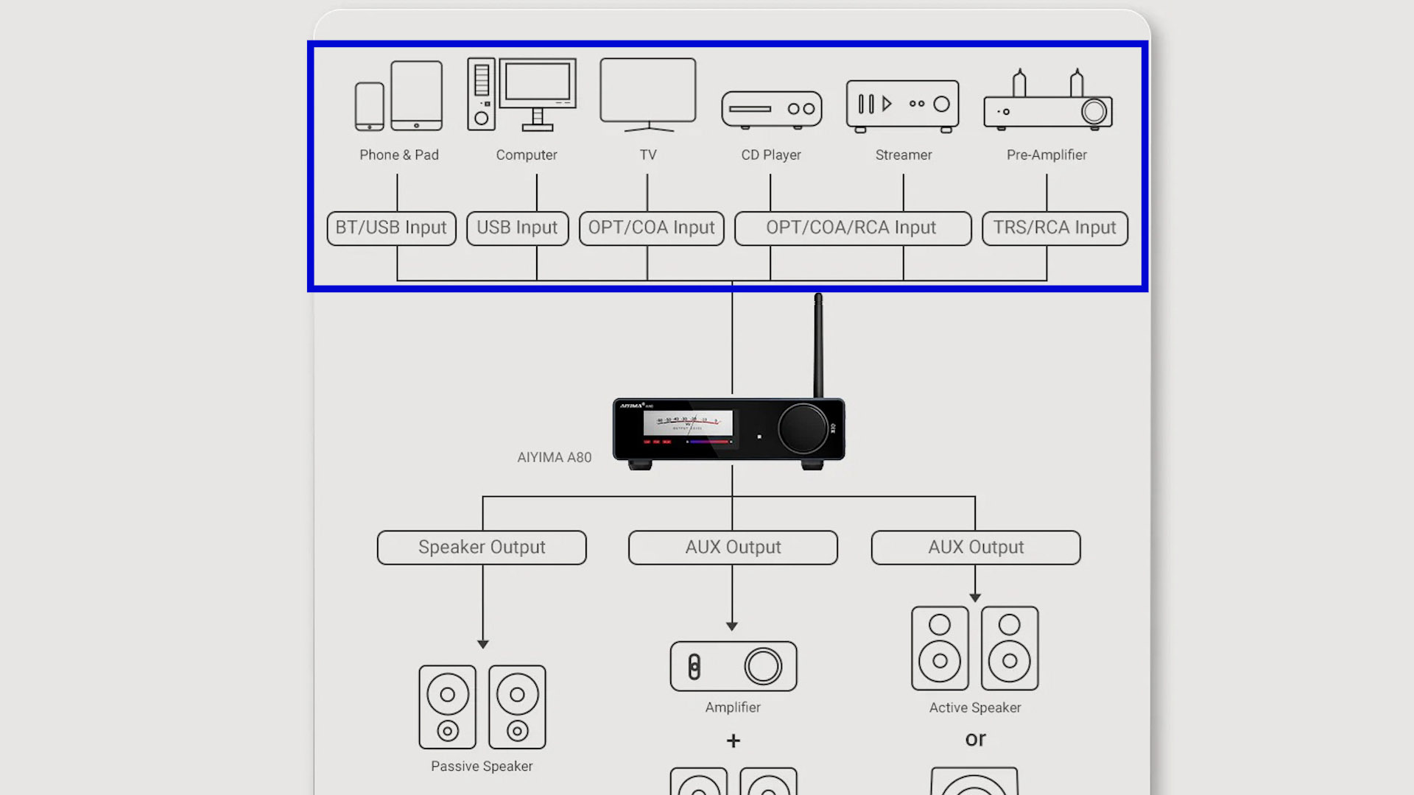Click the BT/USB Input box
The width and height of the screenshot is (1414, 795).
391,228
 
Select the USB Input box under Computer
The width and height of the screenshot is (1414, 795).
517,228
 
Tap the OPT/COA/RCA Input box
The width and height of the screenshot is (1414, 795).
852,228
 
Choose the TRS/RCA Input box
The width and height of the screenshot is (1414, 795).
1054,228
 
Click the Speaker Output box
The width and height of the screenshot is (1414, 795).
482,548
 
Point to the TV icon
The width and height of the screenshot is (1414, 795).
648,92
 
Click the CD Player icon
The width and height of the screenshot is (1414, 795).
771,110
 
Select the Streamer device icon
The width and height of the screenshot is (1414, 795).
903,105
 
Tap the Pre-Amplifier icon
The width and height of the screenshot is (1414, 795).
1047,103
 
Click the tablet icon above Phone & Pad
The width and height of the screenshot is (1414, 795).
417,96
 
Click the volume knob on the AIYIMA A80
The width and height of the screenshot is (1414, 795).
802,428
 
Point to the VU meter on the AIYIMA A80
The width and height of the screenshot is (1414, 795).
688,423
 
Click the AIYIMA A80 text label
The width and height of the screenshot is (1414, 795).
554,458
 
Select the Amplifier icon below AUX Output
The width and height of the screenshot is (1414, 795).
734,666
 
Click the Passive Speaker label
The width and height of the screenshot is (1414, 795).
482,766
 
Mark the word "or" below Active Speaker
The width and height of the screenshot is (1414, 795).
975,739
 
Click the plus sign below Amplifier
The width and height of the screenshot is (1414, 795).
733,741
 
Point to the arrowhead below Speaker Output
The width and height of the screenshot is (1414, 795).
483,644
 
